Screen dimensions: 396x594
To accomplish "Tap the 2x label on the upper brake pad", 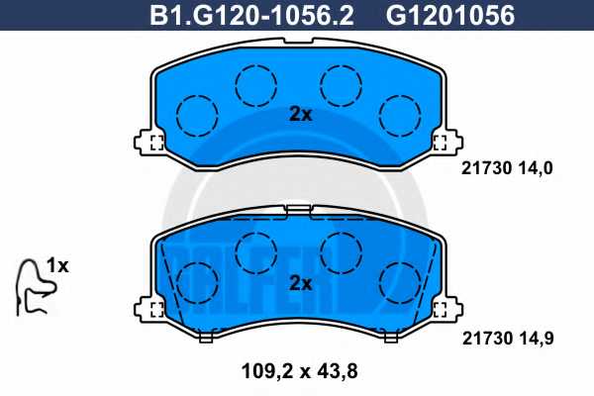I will coord(300,114).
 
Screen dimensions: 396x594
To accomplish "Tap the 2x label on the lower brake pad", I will coord(300,283).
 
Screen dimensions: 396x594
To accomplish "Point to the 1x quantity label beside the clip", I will coord(57,265).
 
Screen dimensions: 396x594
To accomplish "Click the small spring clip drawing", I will coord(35,286).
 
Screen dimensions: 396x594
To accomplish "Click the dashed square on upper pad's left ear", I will coord(154,142).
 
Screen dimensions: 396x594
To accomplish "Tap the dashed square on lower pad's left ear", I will coord(154,310).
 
